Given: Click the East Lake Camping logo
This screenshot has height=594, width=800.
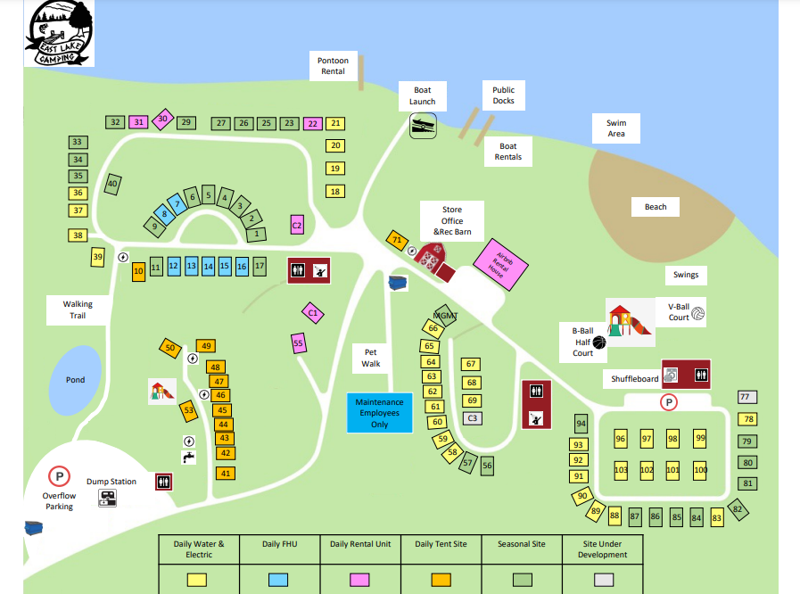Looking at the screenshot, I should point(59,33).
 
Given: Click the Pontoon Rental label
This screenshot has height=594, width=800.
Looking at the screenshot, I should point(333,66).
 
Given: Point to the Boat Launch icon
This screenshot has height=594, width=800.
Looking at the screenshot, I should point(423,126).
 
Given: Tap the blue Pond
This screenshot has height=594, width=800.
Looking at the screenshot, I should point(76,380).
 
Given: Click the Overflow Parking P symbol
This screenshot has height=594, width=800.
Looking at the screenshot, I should point(59,476).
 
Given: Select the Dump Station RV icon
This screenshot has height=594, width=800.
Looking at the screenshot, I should point(107,498).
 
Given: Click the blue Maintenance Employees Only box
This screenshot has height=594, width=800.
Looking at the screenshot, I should point(379,413).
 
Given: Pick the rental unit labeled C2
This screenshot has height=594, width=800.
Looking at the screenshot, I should point(297,226).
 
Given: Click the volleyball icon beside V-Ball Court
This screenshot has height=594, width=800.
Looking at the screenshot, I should point(697,314).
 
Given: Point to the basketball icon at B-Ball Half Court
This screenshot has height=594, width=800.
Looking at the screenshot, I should point(598,342).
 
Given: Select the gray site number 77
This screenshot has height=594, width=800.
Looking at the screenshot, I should point(746,397).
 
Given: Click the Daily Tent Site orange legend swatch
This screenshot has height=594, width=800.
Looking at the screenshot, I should point(441,579).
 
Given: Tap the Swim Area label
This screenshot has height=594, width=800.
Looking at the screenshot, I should point(616,128).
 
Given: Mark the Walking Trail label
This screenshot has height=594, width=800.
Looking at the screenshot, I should point(78,309).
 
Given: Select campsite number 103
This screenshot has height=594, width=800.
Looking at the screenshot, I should point(622,470).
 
